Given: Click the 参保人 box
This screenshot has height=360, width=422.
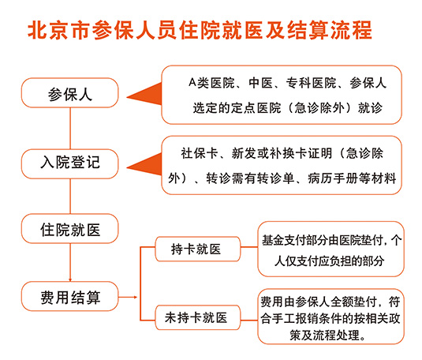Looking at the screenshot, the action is [69, 93].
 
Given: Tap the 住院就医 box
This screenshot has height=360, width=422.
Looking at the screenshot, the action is [69, 229].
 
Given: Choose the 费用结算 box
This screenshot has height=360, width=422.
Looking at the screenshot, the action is [69, 296].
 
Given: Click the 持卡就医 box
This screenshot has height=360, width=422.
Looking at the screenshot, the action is [197, 249].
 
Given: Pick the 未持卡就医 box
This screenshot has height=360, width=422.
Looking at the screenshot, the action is [197, 317].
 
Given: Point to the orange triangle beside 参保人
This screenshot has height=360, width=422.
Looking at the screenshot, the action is [144, 94].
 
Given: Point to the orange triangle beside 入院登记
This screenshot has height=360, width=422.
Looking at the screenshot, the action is [144, 164].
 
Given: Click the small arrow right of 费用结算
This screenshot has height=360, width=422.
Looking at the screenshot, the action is [128, 297].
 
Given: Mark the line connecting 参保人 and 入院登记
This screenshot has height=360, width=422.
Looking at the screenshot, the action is [70, 129].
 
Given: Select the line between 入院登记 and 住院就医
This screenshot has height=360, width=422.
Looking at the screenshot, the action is [70, 197].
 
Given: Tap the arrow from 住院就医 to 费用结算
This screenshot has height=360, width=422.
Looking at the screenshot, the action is [70, 262].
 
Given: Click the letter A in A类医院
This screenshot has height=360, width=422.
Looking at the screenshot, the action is [192, 82].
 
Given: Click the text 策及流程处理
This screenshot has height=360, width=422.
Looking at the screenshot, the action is [327, 336].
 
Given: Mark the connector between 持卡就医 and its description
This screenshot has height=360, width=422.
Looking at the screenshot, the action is [249, 247].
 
